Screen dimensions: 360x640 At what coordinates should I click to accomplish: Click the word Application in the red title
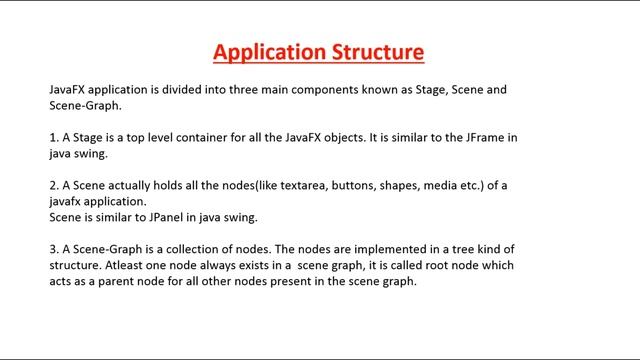coord(262,51)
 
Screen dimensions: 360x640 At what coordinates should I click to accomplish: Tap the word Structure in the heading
coord(375,51)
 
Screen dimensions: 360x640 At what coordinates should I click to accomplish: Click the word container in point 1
coord(198,138)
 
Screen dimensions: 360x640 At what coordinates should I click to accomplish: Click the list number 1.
coord(53,138)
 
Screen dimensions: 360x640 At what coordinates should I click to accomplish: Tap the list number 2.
coord(53,186)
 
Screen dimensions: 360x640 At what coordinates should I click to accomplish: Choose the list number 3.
coord(53,249)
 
